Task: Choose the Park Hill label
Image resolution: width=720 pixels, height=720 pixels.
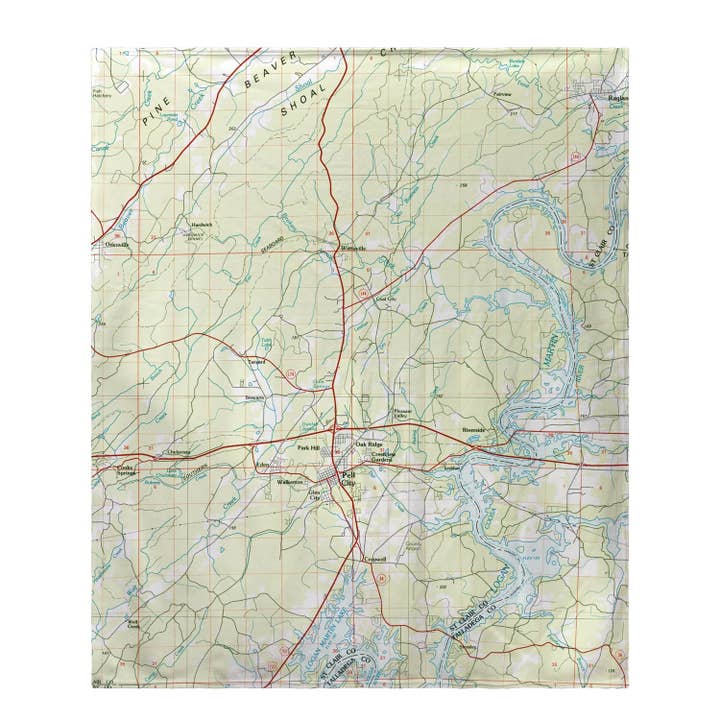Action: coord(305,447)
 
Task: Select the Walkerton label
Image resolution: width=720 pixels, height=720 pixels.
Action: coord(289,483)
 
